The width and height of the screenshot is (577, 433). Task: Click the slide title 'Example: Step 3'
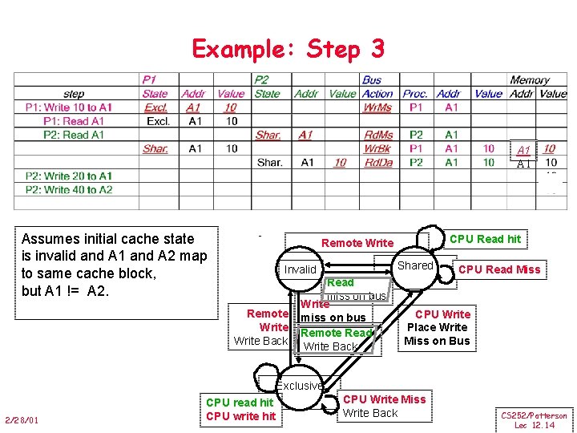288,49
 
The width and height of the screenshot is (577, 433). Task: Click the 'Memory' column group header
529,80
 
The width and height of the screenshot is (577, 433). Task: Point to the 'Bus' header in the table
372,80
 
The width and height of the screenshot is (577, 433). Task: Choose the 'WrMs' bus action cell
377,107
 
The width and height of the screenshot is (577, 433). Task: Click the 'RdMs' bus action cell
378,135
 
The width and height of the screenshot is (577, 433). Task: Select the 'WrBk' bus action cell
377,148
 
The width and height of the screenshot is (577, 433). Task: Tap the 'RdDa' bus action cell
377,163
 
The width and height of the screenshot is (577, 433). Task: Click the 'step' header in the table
73,94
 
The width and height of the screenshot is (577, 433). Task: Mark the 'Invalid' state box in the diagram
301,269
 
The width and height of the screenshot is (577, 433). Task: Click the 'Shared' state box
415,265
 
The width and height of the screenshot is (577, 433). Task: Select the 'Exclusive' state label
301,386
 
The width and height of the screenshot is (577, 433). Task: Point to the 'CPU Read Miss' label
499,269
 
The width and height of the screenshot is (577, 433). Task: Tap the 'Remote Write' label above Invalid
357,243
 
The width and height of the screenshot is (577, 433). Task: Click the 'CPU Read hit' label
485,239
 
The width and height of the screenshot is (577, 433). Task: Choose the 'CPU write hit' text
240,415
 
